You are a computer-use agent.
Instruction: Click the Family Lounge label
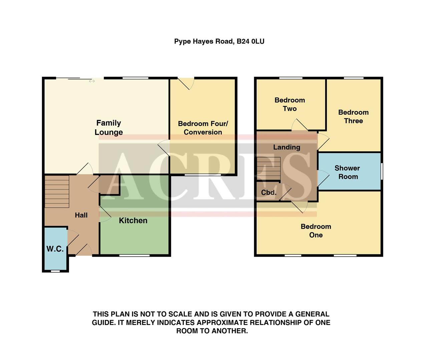coord(108,128)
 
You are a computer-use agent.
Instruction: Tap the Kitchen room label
coord(133,220)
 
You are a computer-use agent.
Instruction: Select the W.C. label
coord(55,249)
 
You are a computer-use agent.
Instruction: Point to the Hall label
coord(81,215)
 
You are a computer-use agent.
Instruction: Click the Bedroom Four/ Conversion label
coord(203,128)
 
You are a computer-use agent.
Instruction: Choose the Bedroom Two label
coord(290,104)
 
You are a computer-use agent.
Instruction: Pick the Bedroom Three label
coord(353,117)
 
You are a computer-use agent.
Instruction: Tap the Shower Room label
coord(348,172)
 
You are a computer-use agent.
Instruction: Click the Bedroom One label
coord(316,231)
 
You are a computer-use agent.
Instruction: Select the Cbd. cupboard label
coord(269,193)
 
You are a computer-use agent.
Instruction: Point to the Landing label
coord(287,147)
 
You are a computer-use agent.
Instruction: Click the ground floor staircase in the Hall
coord(57,192)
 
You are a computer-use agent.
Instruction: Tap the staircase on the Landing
coord(268,169)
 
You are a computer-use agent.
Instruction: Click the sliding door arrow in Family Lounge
coord(92,81)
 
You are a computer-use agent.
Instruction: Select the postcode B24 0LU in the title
coord(251,41)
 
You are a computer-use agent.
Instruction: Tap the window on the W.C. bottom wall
coord(55,271)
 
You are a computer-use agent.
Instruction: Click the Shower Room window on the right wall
coord(382,171)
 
